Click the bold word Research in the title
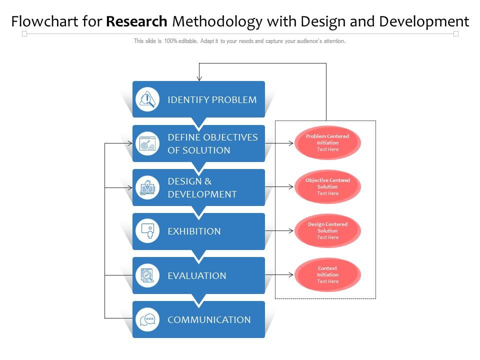pos(136,21)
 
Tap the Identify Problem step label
pos(212,99)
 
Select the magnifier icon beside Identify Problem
pos(147,99)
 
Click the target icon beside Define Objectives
pos(147,143)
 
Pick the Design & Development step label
pos(202,187)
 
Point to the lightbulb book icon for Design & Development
pos(147,187)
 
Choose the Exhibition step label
pos(194,231)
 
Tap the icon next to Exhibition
pos(147,231)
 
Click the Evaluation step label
pos(197,275)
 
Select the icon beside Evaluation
pos(147,275)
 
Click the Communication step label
pos(209,319)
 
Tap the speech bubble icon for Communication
pos(147,319)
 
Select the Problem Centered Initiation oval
pos(327,142)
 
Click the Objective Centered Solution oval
pos(327,186)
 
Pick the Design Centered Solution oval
pos(327,230)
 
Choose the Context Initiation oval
pos(327,274)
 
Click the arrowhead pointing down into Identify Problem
pos(199,78)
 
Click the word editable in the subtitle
pos(188,41)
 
